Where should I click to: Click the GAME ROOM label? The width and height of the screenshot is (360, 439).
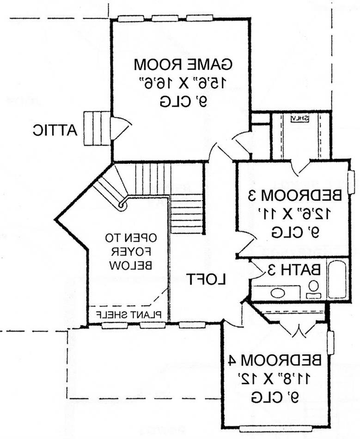tap(183, 64)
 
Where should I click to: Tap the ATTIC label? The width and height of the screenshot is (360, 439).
tap(55, 130)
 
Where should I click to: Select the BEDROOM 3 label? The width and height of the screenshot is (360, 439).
tap(295, 195)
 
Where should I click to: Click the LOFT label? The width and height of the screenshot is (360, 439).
tap(207, 279)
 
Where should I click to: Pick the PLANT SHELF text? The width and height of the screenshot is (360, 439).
tap(129, 315)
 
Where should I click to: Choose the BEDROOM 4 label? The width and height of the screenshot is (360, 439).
tap(275, 360)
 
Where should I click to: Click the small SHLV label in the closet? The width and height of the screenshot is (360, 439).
tap(299, 118)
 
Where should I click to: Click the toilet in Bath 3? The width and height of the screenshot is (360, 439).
tap(313, 289)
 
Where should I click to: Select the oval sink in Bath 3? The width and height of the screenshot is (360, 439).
tap(278, 293)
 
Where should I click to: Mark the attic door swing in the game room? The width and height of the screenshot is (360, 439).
tap(121, 128)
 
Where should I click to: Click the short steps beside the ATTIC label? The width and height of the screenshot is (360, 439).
tap(97, 128)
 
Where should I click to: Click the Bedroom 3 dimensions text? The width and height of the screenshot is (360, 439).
tap(295, 214)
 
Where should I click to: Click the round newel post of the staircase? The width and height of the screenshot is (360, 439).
tap(122, 206)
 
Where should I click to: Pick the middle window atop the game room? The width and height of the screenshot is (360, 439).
tap(165, 18)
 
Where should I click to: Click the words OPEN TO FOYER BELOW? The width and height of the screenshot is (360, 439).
tap(131, 251)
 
